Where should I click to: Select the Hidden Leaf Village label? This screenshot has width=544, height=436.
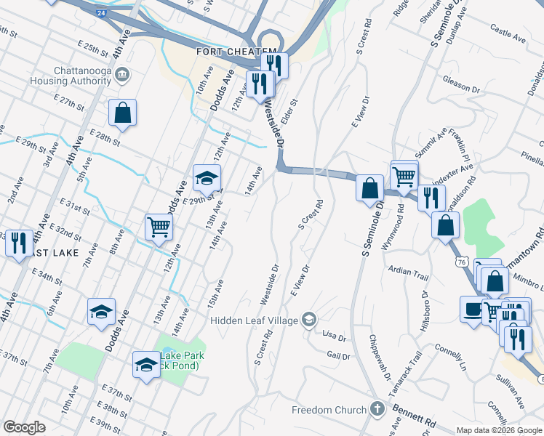pos(255,320)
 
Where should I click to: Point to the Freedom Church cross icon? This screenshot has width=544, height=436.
pos(377,410)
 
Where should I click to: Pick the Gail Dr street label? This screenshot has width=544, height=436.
pos(339,356)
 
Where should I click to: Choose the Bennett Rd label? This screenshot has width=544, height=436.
pos(415,417)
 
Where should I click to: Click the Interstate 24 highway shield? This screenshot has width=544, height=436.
pos(99,13)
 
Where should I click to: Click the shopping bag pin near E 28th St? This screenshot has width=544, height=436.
pos(122,113)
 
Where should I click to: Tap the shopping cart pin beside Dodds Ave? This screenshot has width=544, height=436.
pos(159,227)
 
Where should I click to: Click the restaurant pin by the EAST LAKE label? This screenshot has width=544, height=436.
pos(19,243)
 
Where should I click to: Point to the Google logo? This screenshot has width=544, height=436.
pos(24,427)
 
